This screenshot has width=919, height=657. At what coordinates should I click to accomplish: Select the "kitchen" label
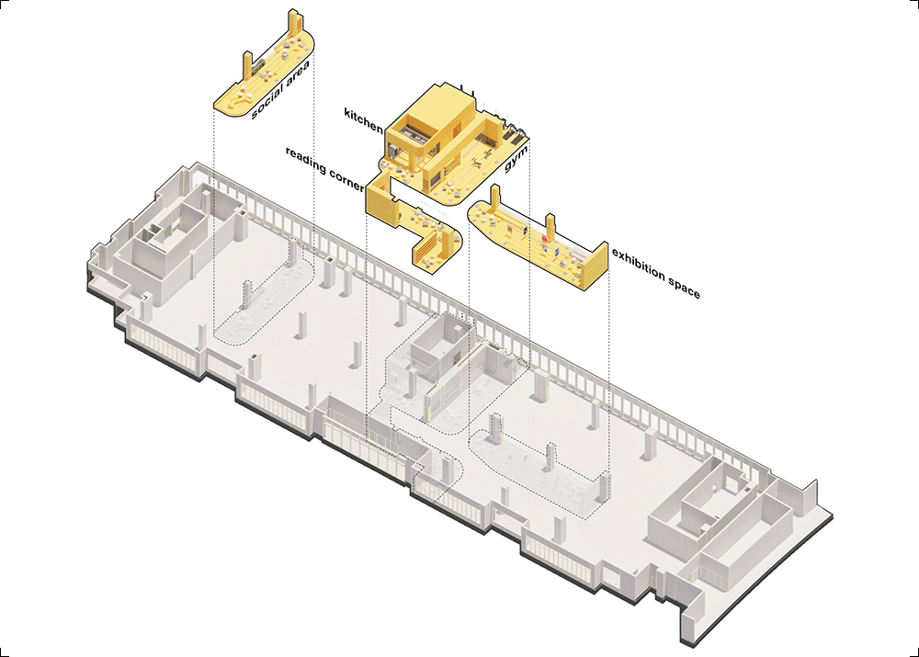pos(363,119)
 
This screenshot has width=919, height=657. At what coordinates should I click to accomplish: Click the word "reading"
pos(305,160)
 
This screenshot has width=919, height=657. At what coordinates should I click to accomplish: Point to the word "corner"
pos(346,179)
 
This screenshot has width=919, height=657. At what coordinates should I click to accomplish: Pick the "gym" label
pos(516,158)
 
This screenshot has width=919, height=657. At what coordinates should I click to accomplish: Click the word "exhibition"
pos(639,265)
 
